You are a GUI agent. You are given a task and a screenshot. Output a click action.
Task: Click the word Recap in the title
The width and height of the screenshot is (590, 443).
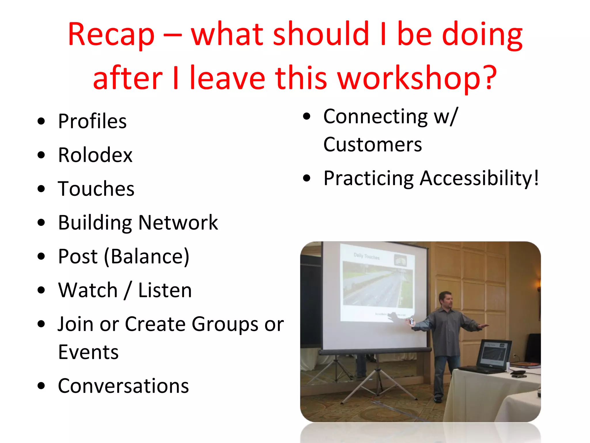(x=111, y=35)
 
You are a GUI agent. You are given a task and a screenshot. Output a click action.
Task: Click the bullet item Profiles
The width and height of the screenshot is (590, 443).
(x=92, y=121)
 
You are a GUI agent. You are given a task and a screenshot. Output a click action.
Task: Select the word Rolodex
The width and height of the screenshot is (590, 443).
(x=95, y=155)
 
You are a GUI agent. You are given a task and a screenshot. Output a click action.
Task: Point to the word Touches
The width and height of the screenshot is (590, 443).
(x=96, y=189)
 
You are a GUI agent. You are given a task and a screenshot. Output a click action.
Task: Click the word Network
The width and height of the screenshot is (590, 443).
(x=178, y=222)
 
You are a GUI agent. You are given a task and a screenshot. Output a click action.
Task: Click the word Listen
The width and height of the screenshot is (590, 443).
(x=165, y=290)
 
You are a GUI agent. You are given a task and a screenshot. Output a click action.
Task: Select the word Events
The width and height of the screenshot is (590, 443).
(x=88, y=352)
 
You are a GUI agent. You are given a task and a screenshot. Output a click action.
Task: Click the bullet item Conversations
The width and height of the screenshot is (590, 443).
(x=123, y=386)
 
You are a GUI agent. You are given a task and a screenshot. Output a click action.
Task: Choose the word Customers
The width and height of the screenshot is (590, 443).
(x=372, y=144)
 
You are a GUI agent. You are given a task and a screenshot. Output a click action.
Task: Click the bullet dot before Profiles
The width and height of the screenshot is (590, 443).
(x=41, y=121)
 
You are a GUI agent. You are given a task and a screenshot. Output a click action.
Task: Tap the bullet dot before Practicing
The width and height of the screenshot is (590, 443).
(x=307, y=178)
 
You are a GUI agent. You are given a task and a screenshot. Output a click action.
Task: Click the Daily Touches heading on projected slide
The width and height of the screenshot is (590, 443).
(x=366, y=256)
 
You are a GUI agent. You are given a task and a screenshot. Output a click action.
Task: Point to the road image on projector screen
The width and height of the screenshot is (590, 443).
(x=377, y=286)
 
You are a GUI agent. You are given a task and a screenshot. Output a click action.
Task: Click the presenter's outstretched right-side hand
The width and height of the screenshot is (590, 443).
(x=484, y=326)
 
